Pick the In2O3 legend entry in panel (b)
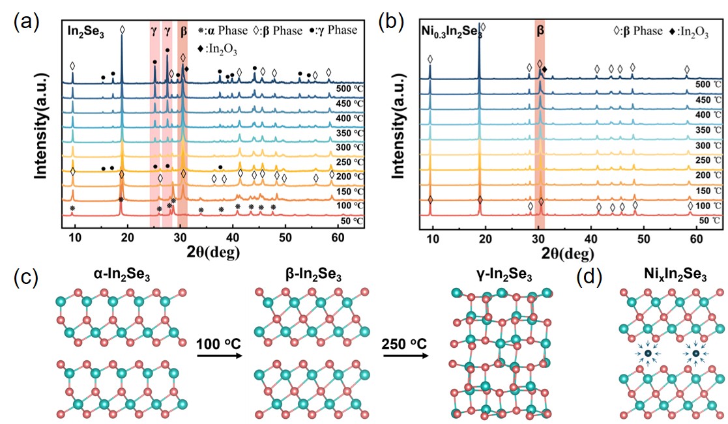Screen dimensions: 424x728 click(x=687, y=31)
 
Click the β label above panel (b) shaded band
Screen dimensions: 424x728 click(x=540, y=30)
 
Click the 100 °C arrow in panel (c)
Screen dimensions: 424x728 click(x=217, y=356)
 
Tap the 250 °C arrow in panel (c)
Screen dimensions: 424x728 click(x=405, y=356)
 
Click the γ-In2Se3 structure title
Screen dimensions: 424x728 click(x=496, y=276)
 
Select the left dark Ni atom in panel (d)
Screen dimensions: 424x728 click(x=648, y=354)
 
